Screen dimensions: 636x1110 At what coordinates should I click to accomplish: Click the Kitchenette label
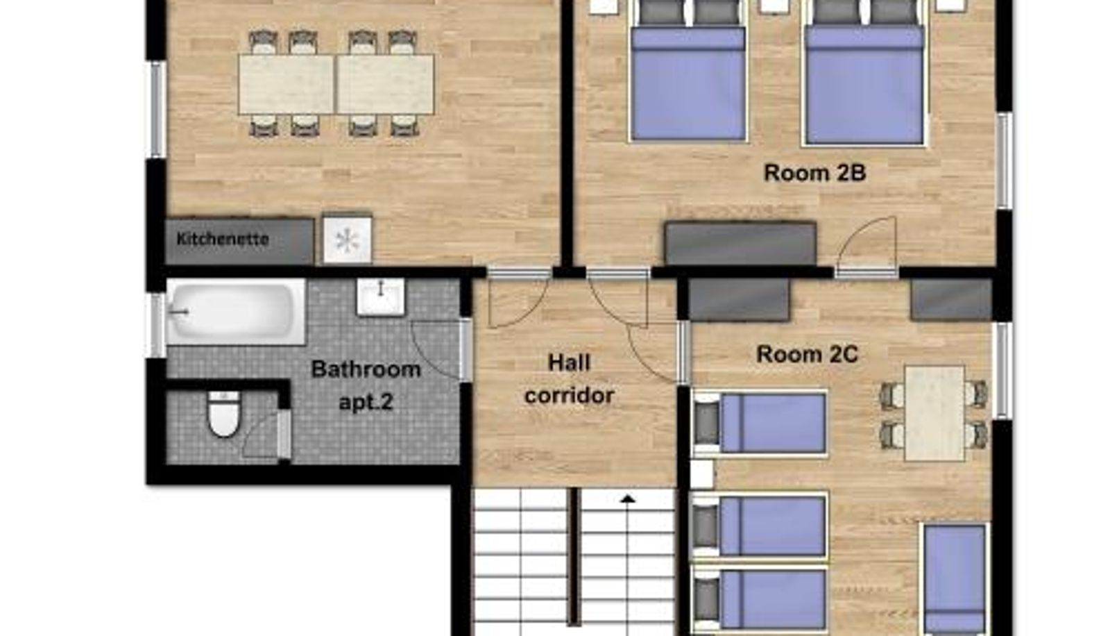tap(222, 239)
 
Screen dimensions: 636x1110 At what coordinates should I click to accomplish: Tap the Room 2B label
tap(814, 172)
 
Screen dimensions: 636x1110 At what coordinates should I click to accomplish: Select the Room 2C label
tap(807, 354)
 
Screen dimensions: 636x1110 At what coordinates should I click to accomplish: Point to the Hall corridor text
tap(569, 379)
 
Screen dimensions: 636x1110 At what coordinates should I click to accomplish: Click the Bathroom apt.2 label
tap(366, 385)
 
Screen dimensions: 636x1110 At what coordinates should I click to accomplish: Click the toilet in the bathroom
tap(223, 415)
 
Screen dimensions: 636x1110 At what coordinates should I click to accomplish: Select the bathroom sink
tap(380, 296)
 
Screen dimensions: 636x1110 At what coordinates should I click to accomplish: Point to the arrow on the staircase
tap(628, 499)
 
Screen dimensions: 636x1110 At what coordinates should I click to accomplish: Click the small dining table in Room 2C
tap(934, 414)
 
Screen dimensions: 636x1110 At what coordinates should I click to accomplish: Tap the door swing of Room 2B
tap(867, 246)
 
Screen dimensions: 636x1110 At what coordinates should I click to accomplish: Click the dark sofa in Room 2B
tap(740, 243)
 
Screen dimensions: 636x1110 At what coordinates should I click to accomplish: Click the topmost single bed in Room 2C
tap(760, 424)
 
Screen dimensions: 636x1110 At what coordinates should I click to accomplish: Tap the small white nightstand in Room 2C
tap(701, 474)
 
